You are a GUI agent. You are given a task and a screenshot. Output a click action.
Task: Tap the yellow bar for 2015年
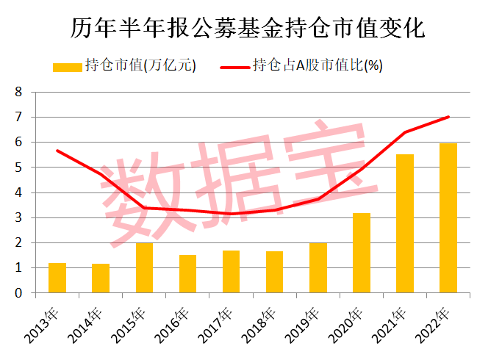tap(144, 268)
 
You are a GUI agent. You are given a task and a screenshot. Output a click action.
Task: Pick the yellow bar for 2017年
tap(232, 272)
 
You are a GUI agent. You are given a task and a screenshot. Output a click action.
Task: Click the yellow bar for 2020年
tap(362, 253)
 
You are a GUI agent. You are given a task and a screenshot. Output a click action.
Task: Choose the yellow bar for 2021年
tap(405, 223)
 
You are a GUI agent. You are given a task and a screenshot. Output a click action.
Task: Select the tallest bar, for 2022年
tap(448, 218)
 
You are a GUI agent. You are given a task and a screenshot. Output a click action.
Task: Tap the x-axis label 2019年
tap(309, 323)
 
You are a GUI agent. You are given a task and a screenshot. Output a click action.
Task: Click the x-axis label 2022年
tap(440, 323)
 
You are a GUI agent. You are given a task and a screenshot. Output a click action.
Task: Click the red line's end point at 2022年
tap(448, 117)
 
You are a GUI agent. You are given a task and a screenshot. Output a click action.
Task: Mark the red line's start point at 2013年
tap(57, 151)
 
